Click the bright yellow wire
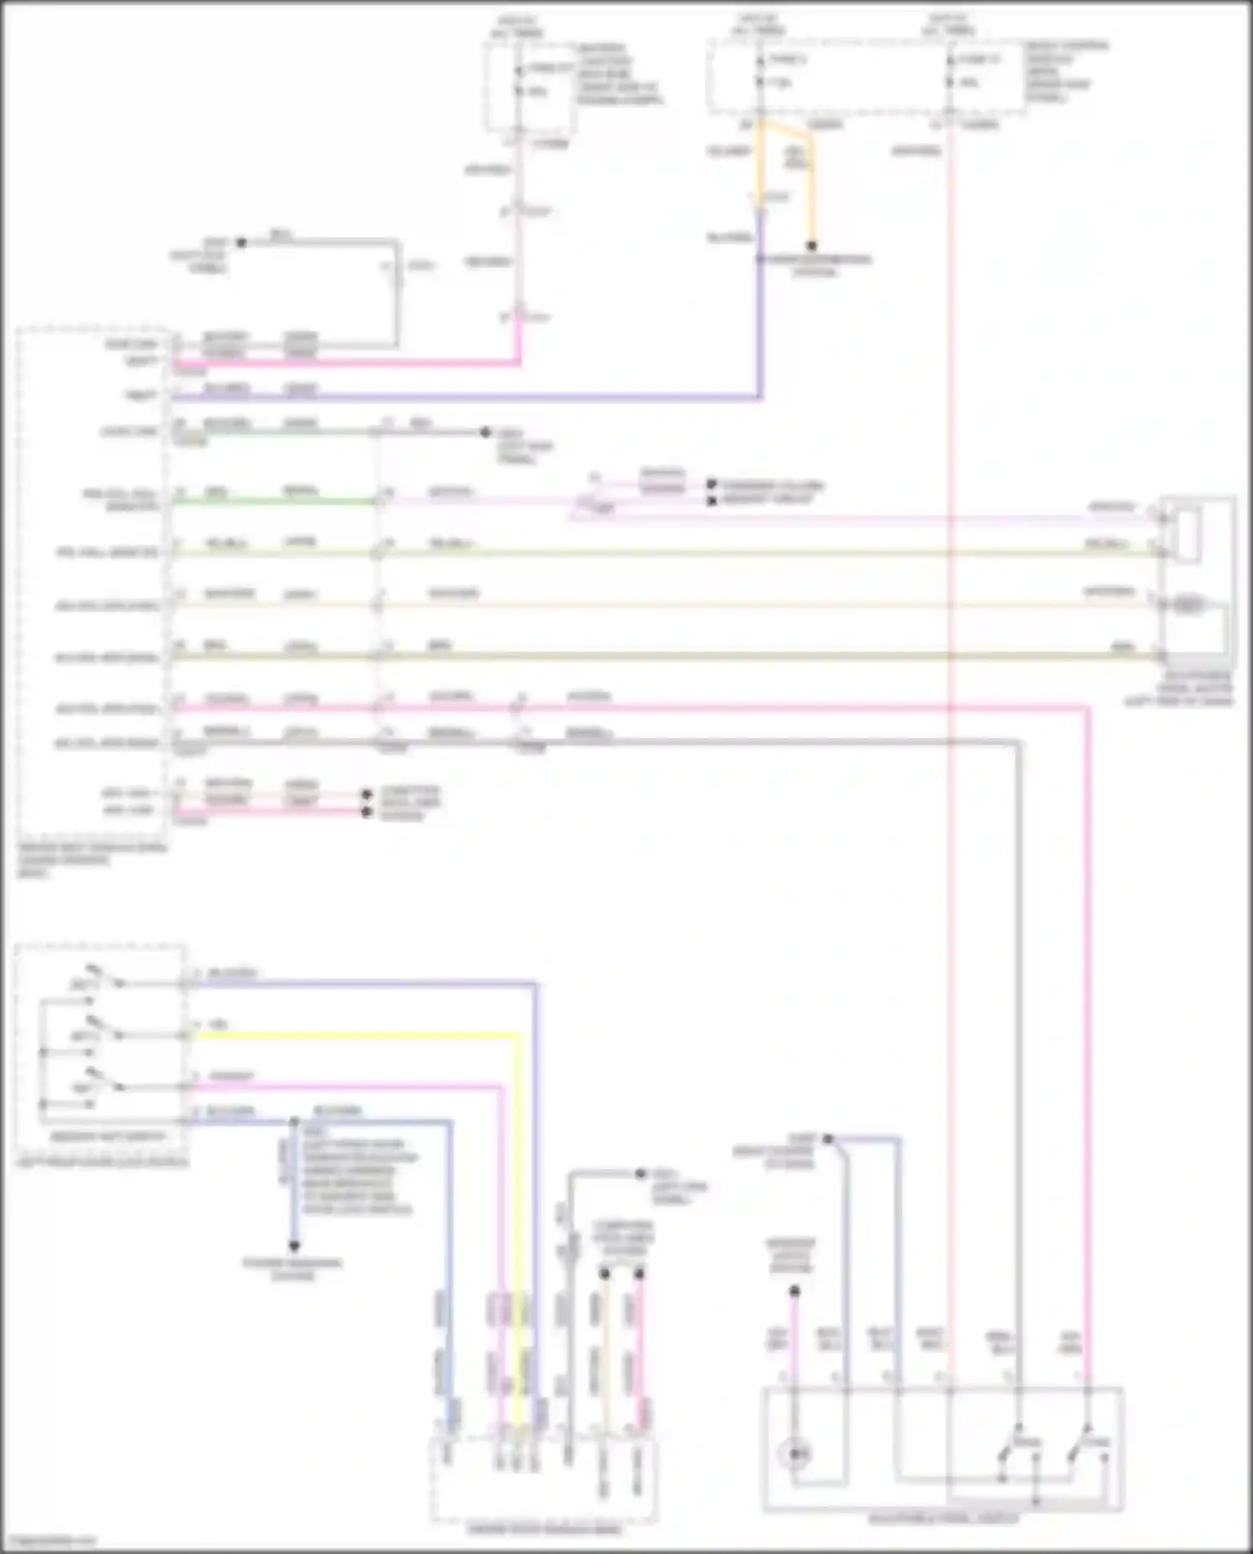(359, 1036)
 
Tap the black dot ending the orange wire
(811, 246)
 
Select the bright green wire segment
(276, 502)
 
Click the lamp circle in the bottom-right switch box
(797, 1454)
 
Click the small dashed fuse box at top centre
(530, 87)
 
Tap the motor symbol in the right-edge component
(1188, 603)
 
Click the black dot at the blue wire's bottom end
(294, 1246)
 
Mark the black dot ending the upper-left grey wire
(241, 243)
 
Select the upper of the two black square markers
(712, 484)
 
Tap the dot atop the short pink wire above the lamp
(794, 1291)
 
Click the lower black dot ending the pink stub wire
(367, 811)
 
